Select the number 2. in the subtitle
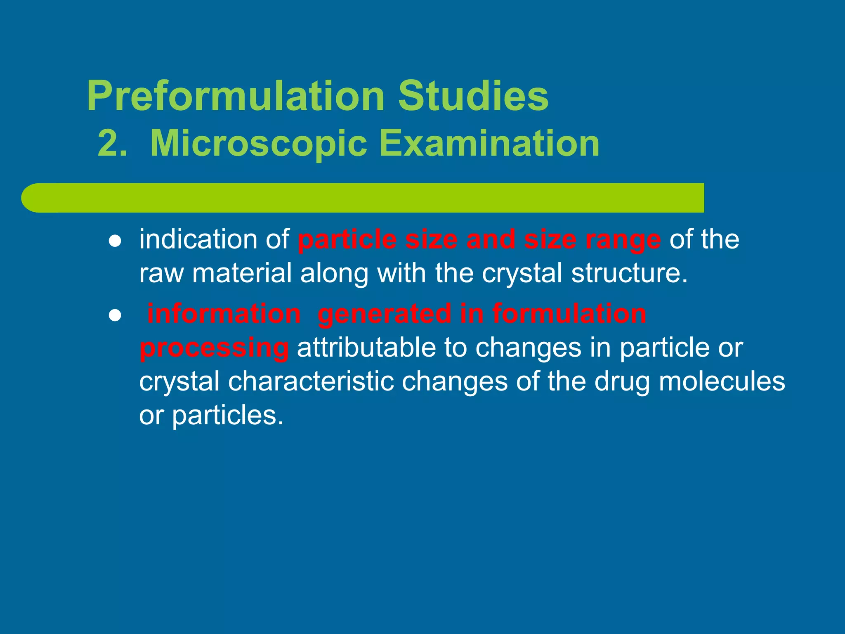click(112, 144)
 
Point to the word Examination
click(489, 144)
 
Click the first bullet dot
click(115, 241)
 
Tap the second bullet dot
click(115, 316)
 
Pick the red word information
click(224, 314)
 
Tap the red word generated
click(385, 315)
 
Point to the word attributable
click(366, 348)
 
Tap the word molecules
click(722, 381)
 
